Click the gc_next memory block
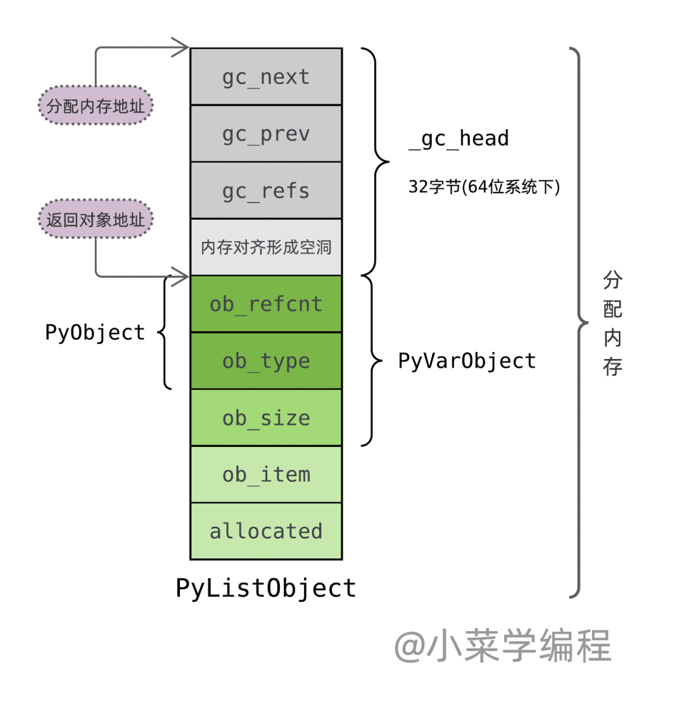(266, 77)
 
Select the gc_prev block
(266, 134)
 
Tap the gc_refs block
(266, 191)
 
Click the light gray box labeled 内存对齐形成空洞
(266, 247)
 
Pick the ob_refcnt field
(266, 304)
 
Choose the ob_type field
(266, 361)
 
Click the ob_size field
(266, 418)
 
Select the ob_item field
(266, 474)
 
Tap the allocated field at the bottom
(266, 531)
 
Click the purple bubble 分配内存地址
(96, 106)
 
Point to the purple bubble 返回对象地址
(96, 220)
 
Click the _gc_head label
(459, 139)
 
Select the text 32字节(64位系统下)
(484, 187)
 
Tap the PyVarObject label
(467, 361)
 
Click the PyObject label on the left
(95, 332)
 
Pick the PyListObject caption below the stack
(266, 588)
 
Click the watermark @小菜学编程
(503, 646)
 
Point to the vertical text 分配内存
(612, 323)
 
